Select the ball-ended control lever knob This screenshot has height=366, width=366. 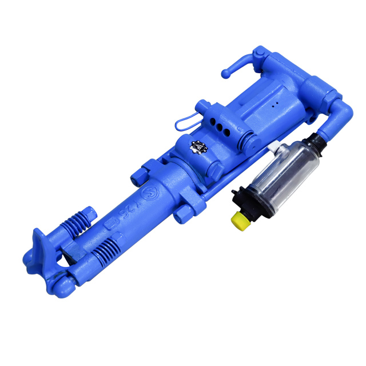pyautogui.click(x=226, y=73)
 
